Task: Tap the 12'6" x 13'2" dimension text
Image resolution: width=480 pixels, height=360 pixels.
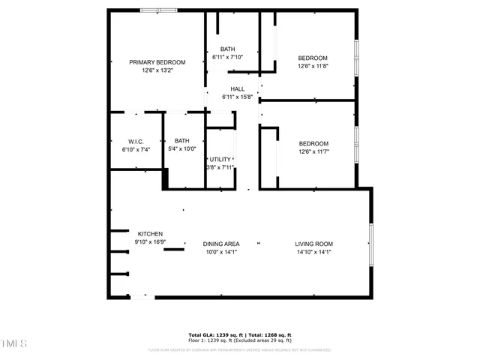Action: (157, 70)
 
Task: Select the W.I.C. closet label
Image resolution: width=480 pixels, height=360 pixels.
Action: (136, 141)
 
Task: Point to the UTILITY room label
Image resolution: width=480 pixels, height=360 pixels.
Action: (220, 159)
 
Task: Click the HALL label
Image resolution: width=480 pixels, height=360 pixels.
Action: (238, 88)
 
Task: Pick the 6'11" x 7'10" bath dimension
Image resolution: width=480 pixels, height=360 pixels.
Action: (228, 57)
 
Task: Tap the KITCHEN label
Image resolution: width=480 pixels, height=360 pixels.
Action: (150, 234)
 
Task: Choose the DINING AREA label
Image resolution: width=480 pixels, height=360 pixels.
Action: (221, 244)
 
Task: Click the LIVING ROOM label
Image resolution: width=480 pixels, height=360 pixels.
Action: (313, 244)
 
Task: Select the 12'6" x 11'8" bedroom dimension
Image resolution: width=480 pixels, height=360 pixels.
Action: (313, 66)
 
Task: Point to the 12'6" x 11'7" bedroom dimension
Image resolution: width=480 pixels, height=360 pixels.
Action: (313, 151)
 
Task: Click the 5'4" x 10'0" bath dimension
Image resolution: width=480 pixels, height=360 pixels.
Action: (182, 148)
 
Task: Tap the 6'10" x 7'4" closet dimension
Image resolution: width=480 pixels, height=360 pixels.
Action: (136, 149)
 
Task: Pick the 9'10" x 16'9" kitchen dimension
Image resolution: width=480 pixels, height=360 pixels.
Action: (150, 241)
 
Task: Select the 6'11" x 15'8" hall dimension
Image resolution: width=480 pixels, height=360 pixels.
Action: (238, 97)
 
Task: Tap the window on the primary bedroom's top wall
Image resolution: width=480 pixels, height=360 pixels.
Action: (158, 10)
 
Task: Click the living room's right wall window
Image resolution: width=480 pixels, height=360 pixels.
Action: (370, 244)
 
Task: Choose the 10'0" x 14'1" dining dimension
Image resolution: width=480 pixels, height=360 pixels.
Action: (221, 252)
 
